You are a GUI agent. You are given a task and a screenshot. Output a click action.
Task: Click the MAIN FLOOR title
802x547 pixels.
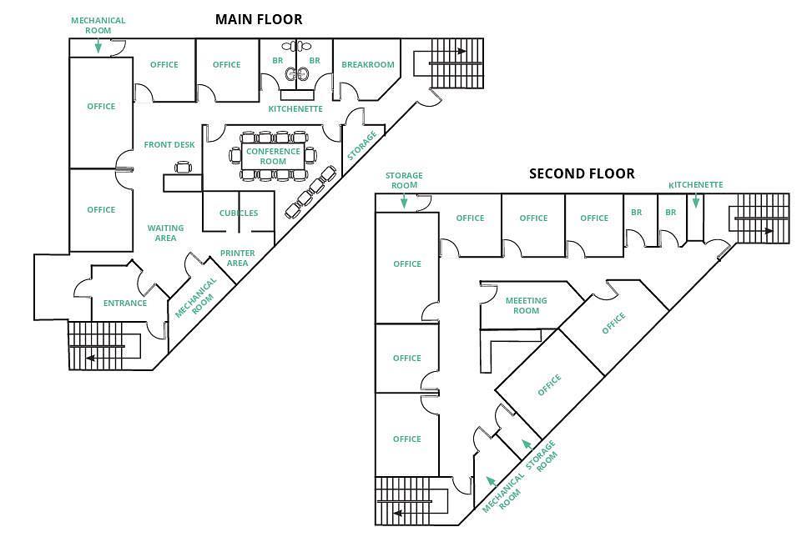pyautogui.click(x=259, y=19)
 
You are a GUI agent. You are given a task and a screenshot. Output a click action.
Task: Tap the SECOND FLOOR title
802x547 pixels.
pyautogui.click(x=582, y=173)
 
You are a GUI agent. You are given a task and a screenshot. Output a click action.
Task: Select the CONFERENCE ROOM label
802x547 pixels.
pyautogui.click(x=273, y=156)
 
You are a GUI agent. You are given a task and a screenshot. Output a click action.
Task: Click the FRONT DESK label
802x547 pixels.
pyautogui.click(x=169, y=145)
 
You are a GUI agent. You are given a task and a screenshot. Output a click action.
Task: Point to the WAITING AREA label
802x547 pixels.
pyautogui.click(x=165, y=233)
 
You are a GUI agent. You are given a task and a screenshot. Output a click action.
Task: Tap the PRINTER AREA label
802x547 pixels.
pyautogui.click(x=237, y=258)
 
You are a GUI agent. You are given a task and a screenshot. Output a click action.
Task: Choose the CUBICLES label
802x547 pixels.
pyautogui.click(x=239, y=213)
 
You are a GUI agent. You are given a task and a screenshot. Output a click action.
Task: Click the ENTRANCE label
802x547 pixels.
pyautogui.click(x=125, y=303)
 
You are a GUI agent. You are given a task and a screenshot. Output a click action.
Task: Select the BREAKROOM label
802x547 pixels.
pyautogui.click(x=367, y=65)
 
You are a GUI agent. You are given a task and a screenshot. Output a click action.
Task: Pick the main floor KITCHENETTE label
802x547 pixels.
pyautogui.click(x=295, y=109)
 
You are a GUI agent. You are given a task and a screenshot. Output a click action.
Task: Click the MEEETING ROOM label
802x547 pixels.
pyautogui.click(x=526, y=305)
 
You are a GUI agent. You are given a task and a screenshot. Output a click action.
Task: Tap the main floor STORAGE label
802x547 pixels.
pyautogui.click(x=362, y=145)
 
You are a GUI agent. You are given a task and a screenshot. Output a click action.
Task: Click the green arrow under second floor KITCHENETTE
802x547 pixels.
pyautogui.click(x=696, y=201)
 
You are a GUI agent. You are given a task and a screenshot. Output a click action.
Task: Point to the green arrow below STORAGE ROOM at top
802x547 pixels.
pyautogui.click(x=404, y=201)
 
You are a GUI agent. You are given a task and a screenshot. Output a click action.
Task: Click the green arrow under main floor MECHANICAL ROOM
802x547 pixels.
pyautogui.click(x=98, y=47)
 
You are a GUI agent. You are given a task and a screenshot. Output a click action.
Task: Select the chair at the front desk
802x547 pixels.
pyautogui.click(x=184, y=168)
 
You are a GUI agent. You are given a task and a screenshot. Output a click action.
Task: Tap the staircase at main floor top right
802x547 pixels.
pyautogui.click(x=456, y=63)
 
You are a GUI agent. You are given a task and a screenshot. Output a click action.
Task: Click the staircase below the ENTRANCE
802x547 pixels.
pyautogui.click(x=105, y=346)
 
